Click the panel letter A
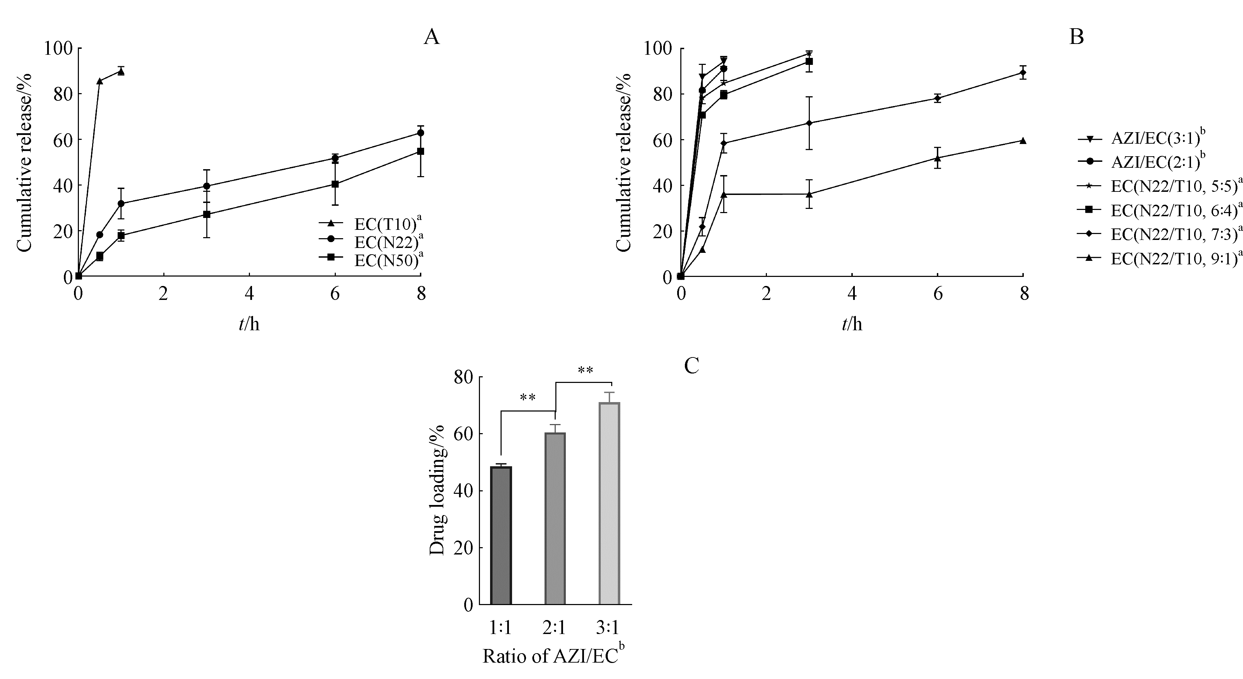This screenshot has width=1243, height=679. tap(431, 37)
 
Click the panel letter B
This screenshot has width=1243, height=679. tap(1076, 37)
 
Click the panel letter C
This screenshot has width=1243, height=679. tap(691, 366)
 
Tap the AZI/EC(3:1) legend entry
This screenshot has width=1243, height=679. tap(1151, 139)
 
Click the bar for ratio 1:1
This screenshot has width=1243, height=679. tap(501, 535)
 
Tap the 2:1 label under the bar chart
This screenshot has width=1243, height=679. tap(554, 627)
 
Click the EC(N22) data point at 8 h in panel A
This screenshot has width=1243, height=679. tap(420, 133)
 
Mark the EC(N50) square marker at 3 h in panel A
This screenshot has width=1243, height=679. tap(207, 214)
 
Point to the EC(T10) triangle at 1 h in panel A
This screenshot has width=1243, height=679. tap(121, 72)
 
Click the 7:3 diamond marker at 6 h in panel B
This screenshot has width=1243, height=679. tap(938, 98)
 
